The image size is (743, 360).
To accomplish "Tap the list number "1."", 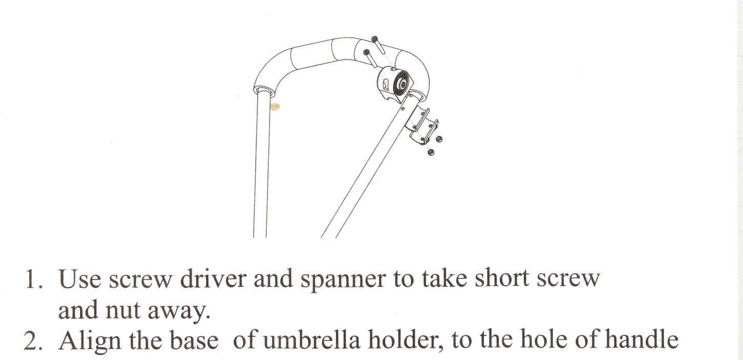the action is tap(33, 279).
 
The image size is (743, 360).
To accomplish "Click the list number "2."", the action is tap(33, 341).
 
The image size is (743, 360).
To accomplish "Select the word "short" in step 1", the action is tap(502, 278).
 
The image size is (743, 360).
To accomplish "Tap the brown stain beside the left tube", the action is tap(275, 107).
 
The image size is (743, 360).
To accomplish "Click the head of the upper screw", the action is tap(375, 39).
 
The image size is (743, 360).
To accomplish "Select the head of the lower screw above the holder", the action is tap(366, 52).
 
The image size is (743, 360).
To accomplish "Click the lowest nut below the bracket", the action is tap(431, 152).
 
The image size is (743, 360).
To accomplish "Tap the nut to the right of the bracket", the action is tap(439, 139).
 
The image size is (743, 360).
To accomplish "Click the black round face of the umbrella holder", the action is tap(401, 84).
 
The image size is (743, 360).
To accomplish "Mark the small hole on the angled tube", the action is tap(403, 108).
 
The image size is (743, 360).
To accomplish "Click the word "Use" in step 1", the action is tap(79, 279).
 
